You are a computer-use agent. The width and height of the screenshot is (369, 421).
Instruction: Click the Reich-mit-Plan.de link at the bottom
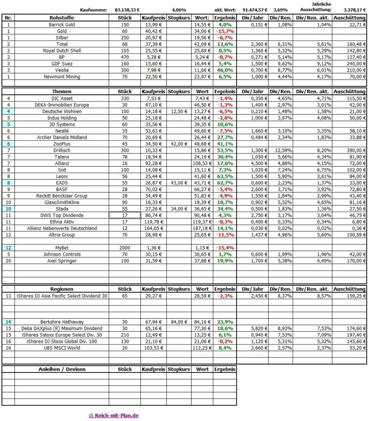114,416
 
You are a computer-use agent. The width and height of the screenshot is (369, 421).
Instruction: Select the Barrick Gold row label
62,24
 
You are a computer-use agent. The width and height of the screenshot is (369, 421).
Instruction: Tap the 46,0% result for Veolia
224,70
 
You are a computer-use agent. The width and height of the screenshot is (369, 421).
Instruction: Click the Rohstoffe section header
62,18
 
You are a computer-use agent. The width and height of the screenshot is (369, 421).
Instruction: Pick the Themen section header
62,92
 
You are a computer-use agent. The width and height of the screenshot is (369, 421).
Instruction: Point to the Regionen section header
62,289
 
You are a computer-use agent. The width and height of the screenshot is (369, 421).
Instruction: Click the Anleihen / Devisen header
62,369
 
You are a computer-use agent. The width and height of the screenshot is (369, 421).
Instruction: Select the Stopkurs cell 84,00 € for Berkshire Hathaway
179,322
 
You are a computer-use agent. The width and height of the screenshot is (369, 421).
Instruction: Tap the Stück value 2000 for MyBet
124,248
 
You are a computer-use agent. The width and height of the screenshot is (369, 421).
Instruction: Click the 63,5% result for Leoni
224,177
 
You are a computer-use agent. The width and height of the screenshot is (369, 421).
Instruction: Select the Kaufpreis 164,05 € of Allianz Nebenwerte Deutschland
154,229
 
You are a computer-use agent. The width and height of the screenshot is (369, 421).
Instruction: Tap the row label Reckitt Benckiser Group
62,196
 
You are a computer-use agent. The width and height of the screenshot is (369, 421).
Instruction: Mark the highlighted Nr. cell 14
8,322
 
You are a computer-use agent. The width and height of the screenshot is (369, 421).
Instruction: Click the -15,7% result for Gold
224,31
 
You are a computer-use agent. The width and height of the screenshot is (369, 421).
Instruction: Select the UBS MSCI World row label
62,348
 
